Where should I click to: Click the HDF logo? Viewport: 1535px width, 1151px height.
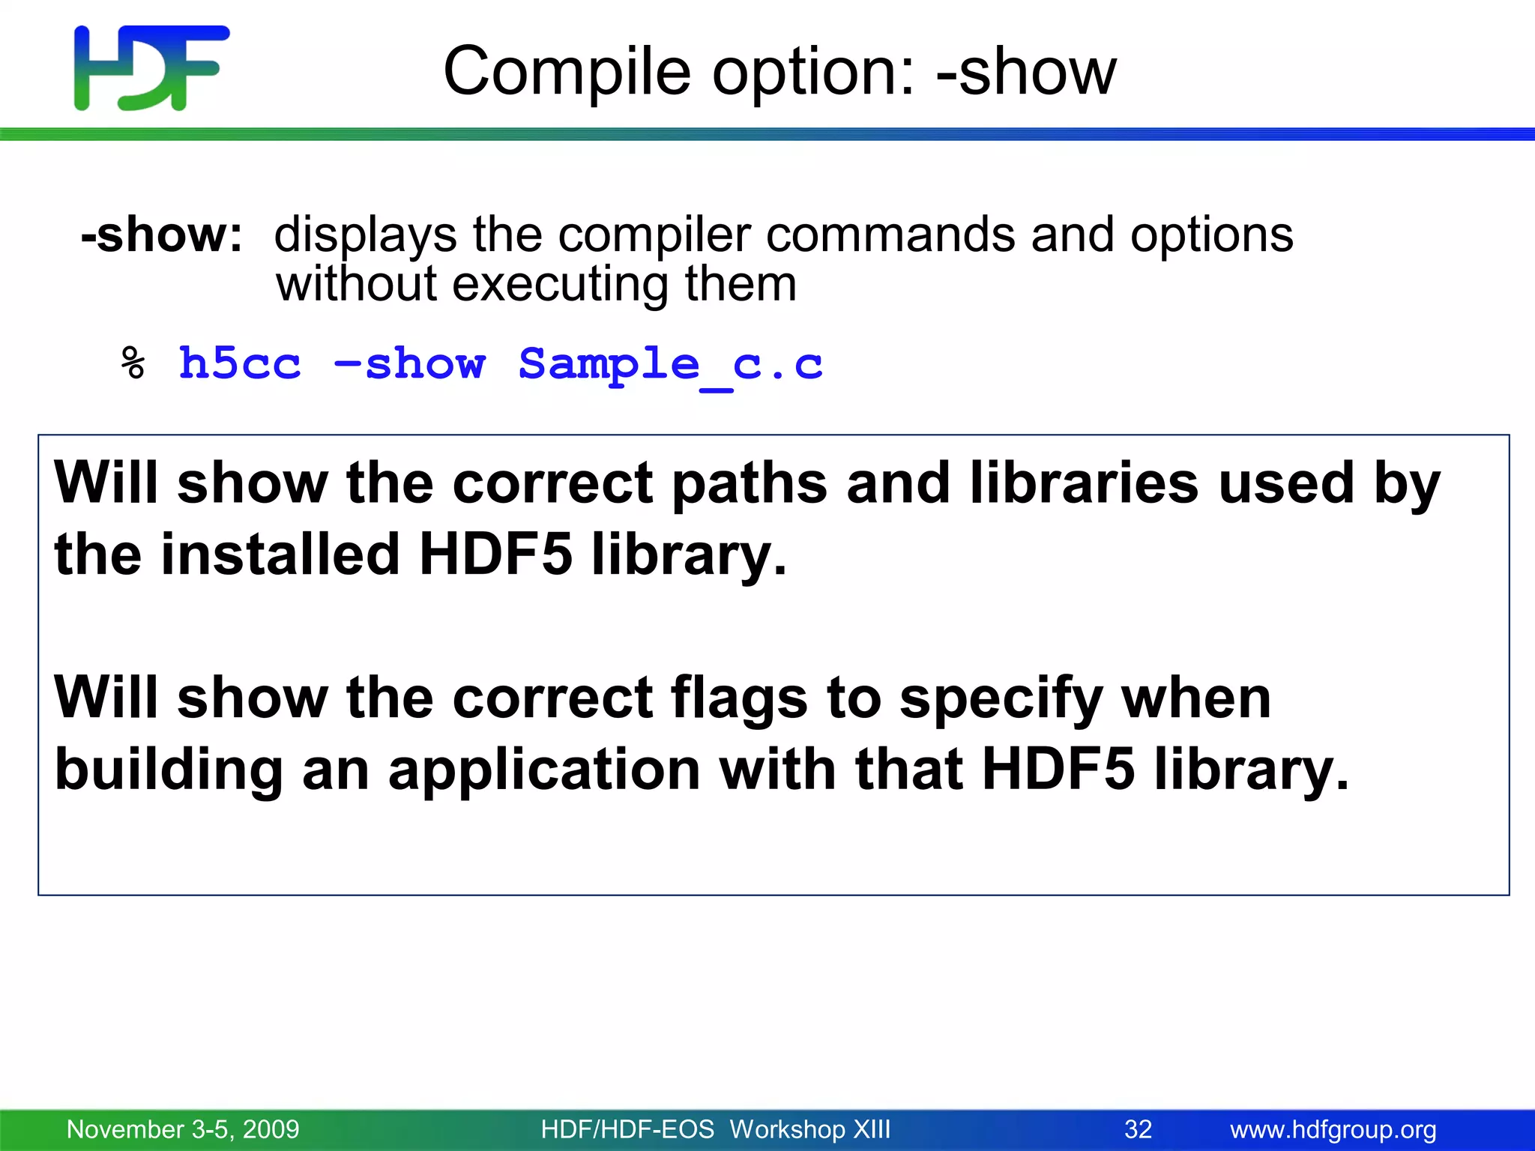tap(151, 67)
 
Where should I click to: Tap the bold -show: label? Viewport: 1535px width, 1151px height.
tap(162, 235)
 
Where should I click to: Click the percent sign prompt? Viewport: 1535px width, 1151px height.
tap(133, 364)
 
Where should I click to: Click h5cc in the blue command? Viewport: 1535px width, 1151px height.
tap(240, 364)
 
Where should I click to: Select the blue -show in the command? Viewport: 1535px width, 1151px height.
tap(409, 364)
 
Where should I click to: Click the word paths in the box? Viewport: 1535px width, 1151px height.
tap(749, 483)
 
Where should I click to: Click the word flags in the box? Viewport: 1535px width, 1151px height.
tap(738, 698)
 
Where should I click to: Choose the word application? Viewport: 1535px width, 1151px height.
tap(544, 770)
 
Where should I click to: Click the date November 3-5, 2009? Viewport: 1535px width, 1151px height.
tap(183, 1129)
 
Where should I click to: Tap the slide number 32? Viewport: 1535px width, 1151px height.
tap(1138, 1129)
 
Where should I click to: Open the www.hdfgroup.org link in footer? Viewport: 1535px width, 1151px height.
tap(1333, 1129)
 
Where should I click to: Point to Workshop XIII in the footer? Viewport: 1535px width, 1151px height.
tap(809, 1129)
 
